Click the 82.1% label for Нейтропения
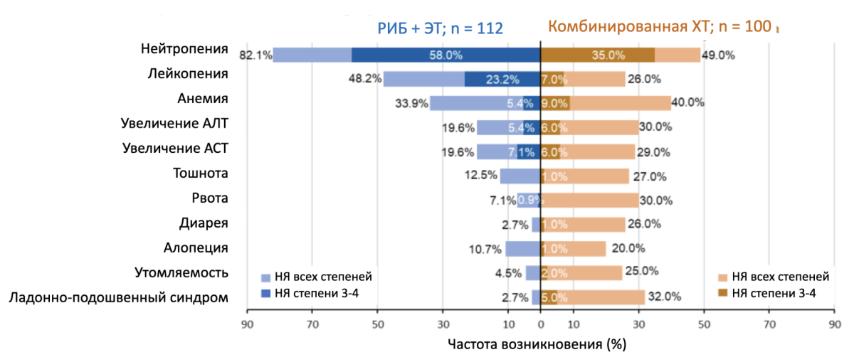coord(255,55)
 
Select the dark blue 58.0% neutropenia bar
coord(445,55)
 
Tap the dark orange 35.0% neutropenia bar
coord(598,55)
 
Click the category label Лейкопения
coord(188,73)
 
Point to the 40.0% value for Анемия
coord(689,103)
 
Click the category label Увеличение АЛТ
coord(175,124)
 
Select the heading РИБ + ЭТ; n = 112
coord(440,28)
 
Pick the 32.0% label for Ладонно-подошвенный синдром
coord(663,297)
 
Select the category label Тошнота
coord(201,173)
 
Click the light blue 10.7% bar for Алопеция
coord(523,249)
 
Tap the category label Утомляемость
coord(181,272)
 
